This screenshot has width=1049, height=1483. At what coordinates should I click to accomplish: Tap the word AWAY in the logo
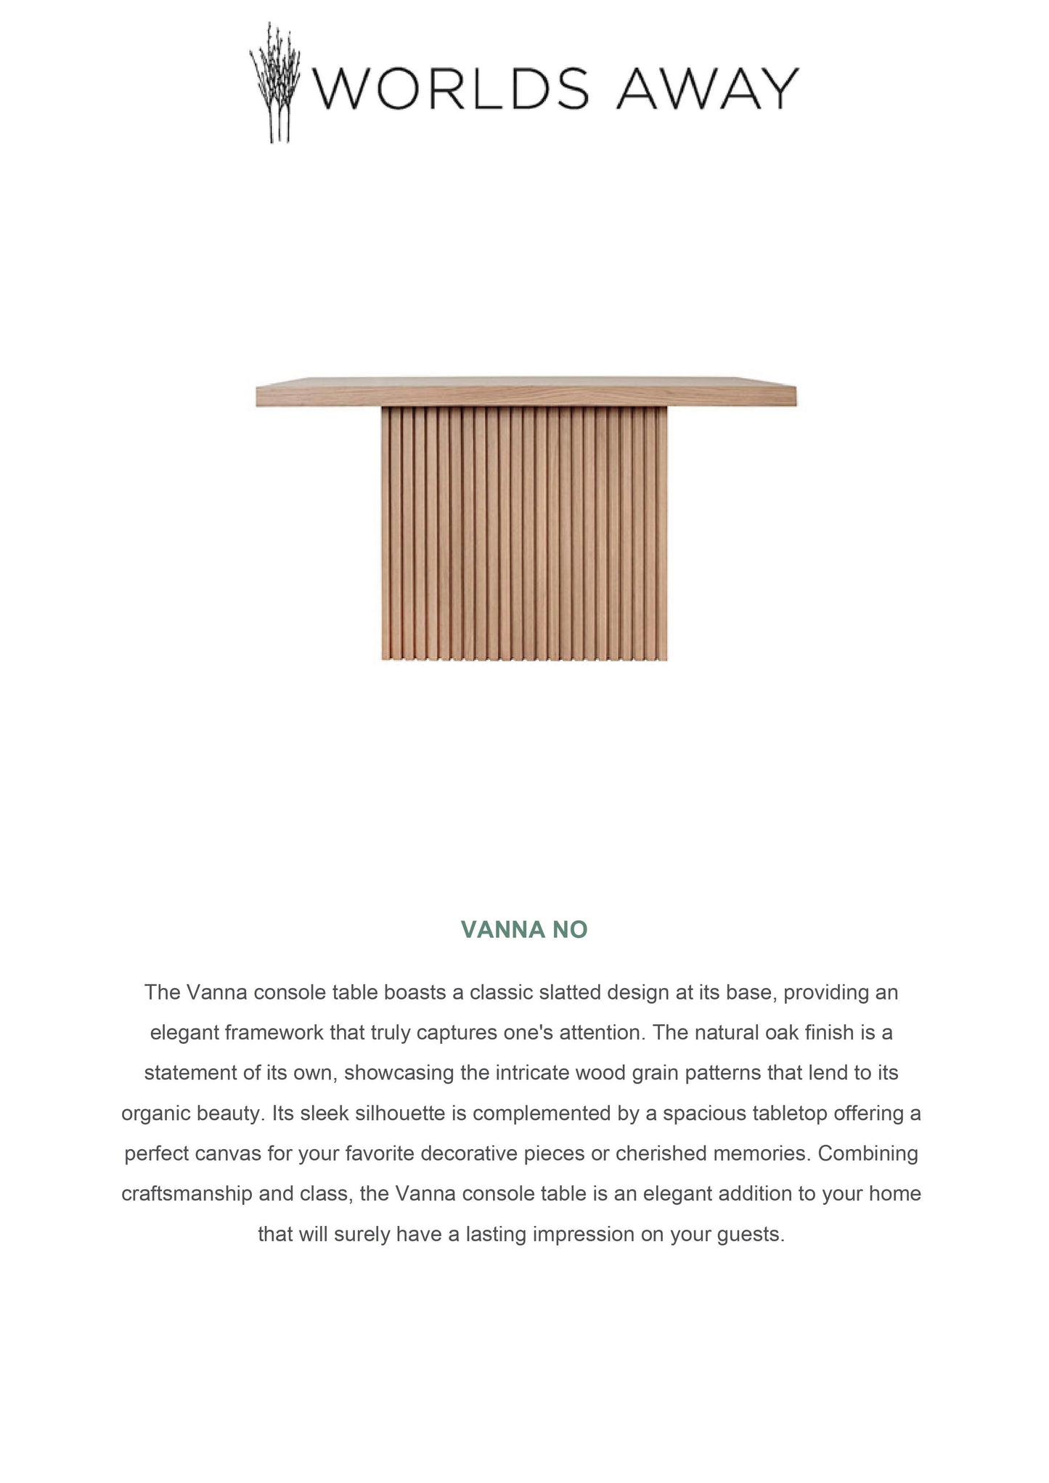(707, 89)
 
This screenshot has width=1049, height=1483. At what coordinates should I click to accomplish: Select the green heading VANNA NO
(524, 930)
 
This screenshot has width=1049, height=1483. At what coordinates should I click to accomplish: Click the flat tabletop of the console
(526, 392)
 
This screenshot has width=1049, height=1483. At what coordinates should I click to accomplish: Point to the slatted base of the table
(523, 534)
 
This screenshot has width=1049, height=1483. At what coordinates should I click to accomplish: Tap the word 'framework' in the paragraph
(274, 1032)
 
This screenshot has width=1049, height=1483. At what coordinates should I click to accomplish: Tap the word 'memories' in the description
(760, 1153)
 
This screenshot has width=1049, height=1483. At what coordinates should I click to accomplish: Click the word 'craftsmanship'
(187, 1194)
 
